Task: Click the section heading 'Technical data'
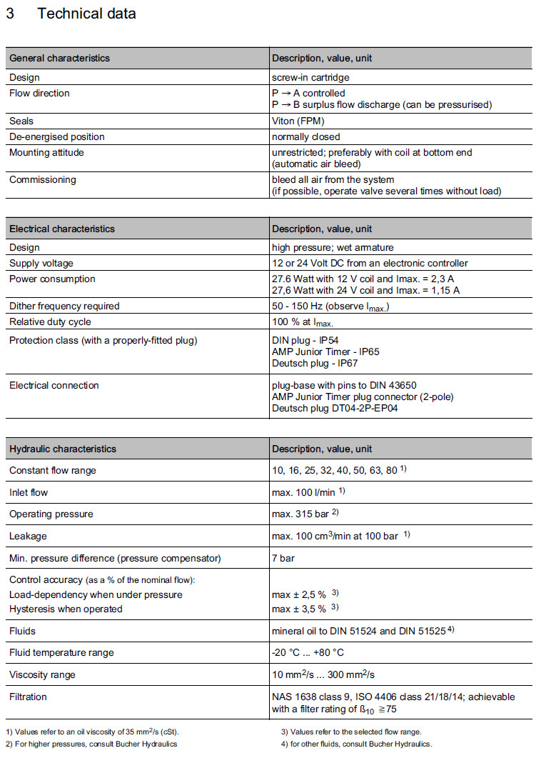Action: (86, 14)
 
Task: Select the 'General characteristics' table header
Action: (59, 58)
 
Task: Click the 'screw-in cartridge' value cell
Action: (310, 77)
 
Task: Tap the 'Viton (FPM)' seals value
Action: (298, 121)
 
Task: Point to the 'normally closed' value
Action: (305, 136)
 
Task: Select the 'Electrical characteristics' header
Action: (62, 229)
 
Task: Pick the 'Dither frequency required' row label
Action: (64, 306)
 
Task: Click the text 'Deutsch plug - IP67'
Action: (314, 363)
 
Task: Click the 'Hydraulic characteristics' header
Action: (62, 449)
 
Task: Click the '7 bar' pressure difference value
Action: (283, 558)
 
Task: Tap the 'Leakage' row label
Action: (29, 536)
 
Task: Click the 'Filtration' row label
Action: (28, 697)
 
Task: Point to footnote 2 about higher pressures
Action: (91, 744)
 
